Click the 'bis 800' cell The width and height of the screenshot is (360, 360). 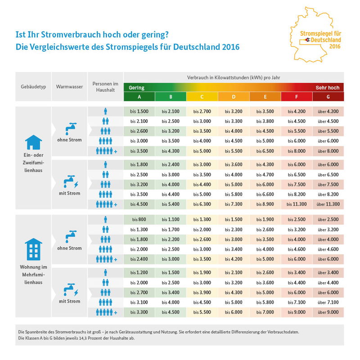[x=139, y=219]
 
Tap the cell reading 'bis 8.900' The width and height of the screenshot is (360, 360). [x=265, y=204]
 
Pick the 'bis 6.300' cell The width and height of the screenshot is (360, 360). [x=202, y=204]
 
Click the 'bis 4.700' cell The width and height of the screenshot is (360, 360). [x=265, y=174]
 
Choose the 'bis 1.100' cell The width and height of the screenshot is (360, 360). [x=171, y=219]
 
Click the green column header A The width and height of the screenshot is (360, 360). [x=139, y=96]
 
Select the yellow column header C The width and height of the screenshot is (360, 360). [x=202, y=96]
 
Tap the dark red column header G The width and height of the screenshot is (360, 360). [x=328, y=96]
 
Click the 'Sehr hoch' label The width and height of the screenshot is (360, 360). [x=328, y=87]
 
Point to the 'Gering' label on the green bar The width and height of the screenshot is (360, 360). [x=137, y=87]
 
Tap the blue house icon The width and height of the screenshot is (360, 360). [x=33, y=142]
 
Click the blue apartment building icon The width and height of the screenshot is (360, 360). [x=33, y=248]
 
